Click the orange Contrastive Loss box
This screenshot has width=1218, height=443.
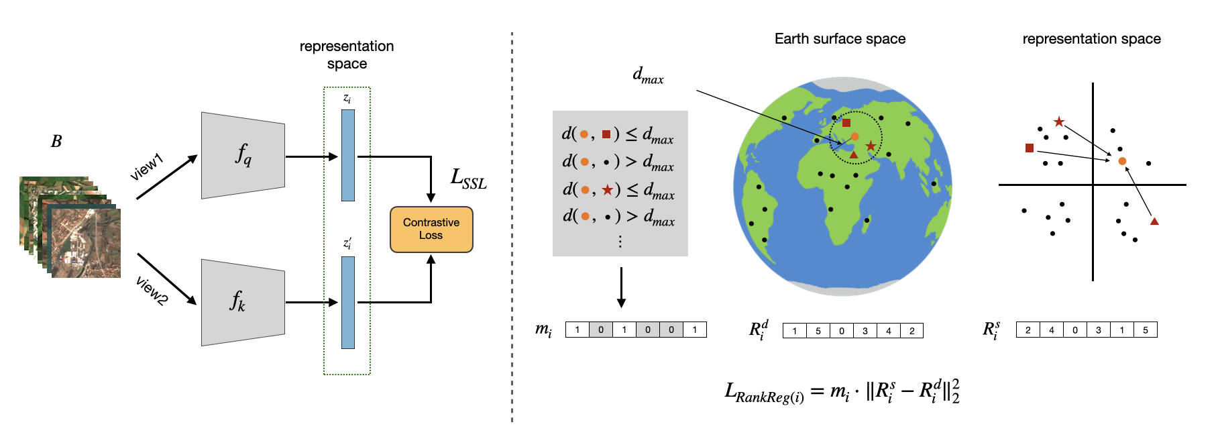pyautogui.click(x=431, y=230)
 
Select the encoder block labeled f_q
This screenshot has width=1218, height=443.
pyautogui.click(x=243, y=155)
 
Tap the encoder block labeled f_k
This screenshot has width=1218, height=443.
pyautogui.click(x=243, y=302)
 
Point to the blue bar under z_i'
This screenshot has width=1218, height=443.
pyautogui.click(x=347, y=302)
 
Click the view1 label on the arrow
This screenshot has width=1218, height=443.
pyautogui.click(x=147, y=167)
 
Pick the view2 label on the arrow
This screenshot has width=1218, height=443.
pyautogui.click(x=152, y=291)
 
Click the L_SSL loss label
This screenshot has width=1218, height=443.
pyautogui.click(x=468, y=179)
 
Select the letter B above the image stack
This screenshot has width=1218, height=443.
pyautogui.click(x=56, y=142)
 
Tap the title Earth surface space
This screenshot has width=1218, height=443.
pyautogui.click(x=840, y=39)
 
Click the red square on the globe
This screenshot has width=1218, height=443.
pyautogui.click(x=846, y=123)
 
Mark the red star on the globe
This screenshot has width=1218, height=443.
pyautogui.click(x=870, y=146)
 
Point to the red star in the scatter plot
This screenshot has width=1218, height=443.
pyautogui.click(x=1058, y=121)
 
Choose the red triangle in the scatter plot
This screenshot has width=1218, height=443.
pyautogui.click(x=1154, y=221)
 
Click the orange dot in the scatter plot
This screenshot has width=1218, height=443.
pyautogui.click(x=1122, y=161)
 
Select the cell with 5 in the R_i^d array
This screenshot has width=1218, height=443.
pyautogui.click(x=818, y=331)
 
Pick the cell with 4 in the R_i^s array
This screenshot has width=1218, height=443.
pyautogui.click(x=1052, y=330)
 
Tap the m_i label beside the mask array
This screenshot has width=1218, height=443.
pyautogui.click(x=543, y=329)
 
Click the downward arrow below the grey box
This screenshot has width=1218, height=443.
pyautogui.click(x=621, y=287)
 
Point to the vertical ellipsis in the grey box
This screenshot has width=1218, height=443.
pyautogui.click(x=620, y=242)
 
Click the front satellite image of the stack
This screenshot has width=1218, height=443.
pyautogui.click(x=86, y=243)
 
